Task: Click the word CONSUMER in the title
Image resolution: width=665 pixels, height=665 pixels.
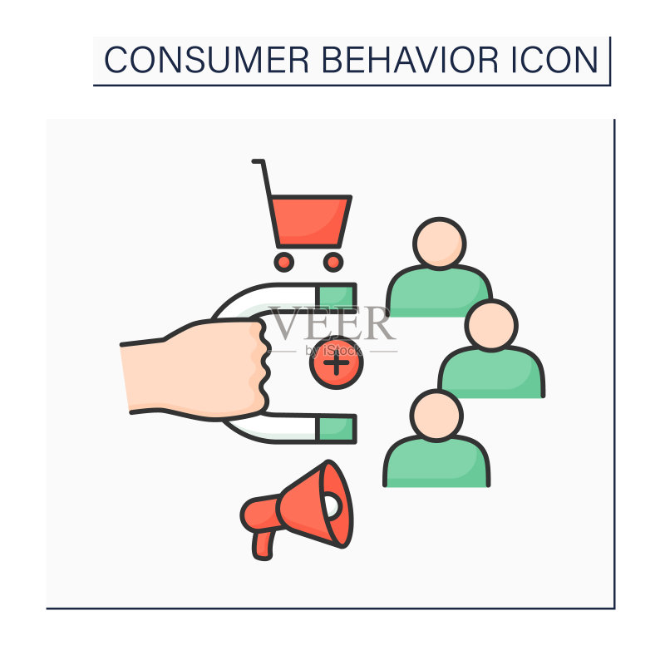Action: (206, 60)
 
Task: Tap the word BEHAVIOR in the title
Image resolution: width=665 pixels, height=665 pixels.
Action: (410, 60)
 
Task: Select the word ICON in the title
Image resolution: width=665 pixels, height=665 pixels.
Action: (554, 60)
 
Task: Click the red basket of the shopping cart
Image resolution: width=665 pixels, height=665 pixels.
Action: (310, 221)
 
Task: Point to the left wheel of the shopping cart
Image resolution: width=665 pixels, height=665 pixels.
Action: (283, 262)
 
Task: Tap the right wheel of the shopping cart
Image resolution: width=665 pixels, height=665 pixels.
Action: (333, 262)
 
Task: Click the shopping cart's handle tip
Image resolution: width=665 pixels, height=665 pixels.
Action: (254, 161)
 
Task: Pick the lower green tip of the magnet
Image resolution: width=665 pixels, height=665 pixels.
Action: (337, 428)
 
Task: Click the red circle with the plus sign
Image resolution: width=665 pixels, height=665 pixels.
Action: (337, 363)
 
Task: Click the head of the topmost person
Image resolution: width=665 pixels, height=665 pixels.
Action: (440, 244)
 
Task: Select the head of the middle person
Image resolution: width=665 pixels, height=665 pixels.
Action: (491, 325)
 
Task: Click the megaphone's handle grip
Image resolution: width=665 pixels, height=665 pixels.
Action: (264, 545)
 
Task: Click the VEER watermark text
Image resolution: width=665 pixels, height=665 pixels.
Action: (332, 323)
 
